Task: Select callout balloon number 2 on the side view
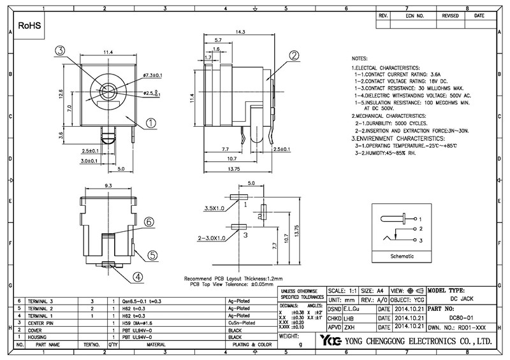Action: pos(293,56)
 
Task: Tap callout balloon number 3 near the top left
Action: pos(59,50)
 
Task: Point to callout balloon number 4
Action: pos(138,277)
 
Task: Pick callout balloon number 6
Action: pos(148,222)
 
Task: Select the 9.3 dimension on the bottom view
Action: pos(108,185)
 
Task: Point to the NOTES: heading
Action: pos(360,57)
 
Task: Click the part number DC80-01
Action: pos(460,317)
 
